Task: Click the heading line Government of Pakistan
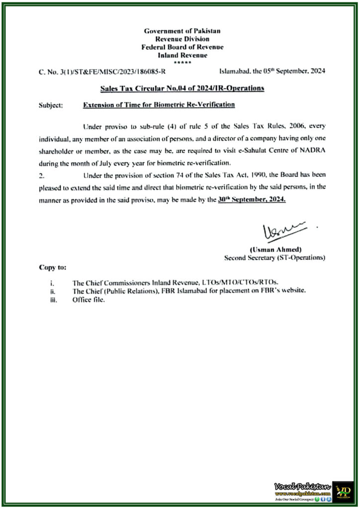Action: coord(182,31)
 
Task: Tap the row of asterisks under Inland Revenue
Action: coord(182,63)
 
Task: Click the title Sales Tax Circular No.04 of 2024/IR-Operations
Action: coord(182,88)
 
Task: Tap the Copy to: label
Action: coord(52,267)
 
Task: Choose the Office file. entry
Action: coord(89,299)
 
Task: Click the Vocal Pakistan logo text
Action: coord(302,487)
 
